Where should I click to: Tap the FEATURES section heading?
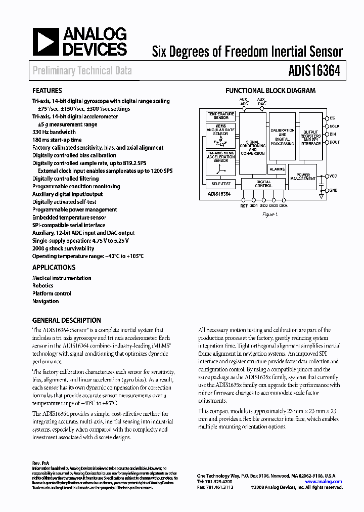[x=48, y=91]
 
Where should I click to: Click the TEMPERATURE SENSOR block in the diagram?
[x=220, y=116]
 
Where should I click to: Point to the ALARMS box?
[x=277, y=169]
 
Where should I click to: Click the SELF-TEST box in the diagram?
[x=220, y=184]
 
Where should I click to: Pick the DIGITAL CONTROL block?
[x=263, y=184]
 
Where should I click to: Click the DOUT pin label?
[x=334, y=142]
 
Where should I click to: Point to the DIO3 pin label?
[x=272, y=205]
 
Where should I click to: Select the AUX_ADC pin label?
[x=244, y=101]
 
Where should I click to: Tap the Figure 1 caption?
[x=270, y=215]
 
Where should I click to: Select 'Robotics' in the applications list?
[x=43, y=285]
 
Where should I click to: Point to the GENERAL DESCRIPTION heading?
[x=66, y=320]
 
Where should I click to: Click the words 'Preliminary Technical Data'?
[x=82, y=71]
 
